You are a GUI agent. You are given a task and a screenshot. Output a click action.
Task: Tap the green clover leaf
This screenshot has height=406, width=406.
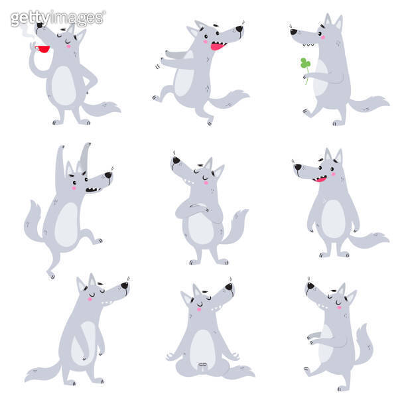click(304, 64)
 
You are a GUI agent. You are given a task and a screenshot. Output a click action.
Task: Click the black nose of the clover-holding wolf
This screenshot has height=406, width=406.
click(293, 31)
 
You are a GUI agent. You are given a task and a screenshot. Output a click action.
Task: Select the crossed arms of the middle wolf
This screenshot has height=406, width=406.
click(194, 212)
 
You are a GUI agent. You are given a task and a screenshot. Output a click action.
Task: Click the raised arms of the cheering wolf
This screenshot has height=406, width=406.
click(73, 159)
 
